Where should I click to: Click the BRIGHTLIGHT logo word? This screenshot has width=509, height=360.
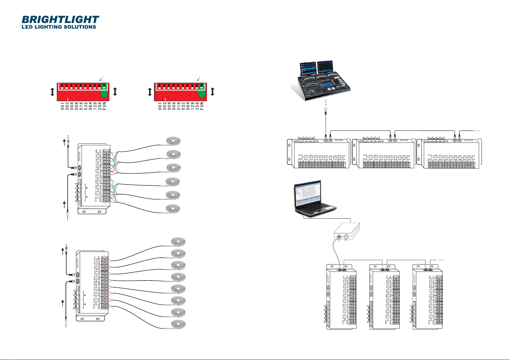click(x=60, y=20)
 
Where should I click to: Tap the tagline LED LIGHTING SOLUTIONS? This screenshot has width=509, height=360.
click(x=59, y=27)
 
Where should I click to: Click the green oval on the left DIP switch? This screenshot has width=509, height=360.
click(x=105, y=94)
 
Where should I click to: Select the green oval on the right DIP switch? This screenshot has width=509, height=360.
click(x=202, y=94)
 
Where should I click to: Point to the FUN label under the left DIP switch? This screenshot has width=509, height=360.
click(x=105, y=106)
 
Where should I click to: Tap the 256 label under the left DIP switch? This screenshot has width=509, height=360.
click(x=100, y=106)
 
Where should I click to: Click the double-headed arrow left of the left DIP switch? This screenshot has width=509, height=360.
click(x=52, y=92)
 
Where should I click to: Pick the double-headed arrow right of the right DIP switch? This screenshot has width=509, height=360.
click(x=212, y=92)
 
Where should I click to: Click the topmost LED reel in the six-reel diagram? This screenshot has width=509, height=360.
click(x=174, y=141)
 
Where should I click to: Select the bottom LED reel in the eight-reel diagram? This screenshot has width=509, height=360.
click(x=178, y=324)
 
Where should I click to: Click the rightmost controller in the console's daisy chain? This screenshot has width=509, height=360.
click(x=449, y=153)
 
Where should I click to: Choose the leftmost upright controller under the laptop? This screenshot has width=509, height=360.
click(x=340, y=297)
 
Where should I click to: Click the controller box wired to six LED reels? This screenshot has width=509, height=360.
click(x=92, y=178)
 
